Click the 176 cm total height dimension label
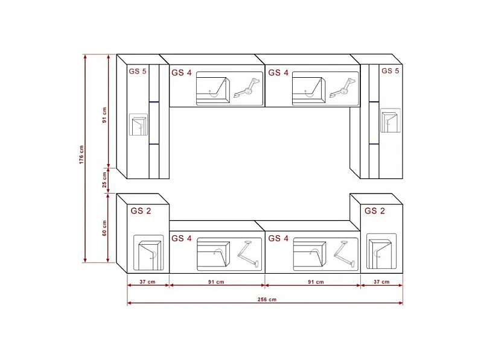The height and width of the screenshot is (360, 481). (x=81, y=157)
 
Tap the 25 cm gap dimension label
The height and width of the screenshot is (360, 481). (x=104, y=180)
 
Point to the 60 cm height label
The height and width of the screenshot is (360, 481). (x=104, y=229)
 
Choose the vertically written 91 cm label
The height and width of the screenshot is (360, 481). (x=104, y=115)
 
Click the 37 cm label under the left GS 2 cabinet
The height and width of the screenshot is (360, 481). (x=148, y=282)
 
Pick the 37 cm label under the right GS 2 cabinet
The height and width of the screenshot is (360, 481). (x=381, y=282)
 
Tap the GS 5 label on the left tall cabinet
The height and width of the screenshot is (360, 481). (x=138, y=71)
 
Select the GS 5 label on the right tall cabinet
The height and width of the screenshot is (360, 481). (x=390, y=71)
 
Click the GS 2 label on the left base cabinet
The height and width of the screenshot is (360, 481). (x=141, y=211)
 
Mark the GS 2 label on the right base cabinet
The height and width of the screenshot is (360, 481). (x=374, y=211)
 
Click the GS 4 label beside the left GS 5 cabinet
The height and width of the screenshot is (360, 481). (x=181, y=73)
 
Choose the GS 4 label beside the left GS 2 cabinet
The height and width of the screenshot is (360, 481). (x=181, y=238)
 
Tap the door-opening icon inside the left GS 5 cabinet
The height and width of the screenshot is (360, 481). (x=139, y=125)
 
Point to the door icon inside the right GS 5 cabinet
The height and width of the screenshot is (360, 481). (x=389, y=121)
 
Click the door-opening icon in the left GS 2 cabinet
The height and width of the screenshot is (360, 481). (x=148, y=252)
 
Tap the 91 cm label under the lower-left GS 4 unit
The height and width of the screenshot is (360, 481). (x=216, y=282)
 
